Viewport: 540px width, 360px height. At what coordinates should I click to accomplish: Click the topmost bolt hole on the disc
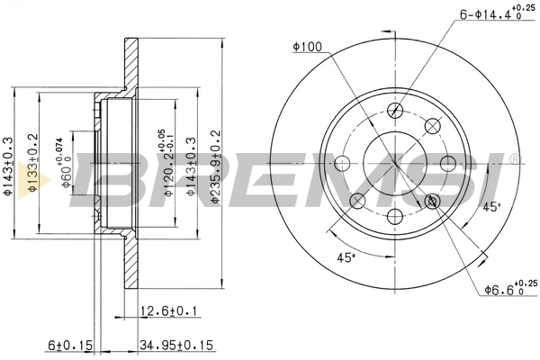[x=394, y=110]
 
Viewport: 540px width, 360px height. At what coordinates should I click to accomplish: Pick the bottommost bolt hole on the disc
[x=394, y=216]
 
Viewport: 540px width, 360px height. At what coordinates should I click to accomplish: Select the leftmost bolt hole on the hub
[x=341, y=164]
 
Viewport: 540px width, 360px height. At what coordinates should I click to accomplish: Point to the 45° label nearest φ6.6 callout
[x=491, y=208]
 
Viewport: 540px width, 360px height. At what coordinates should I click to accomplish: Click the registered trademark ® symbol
[x=514, y=160]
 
